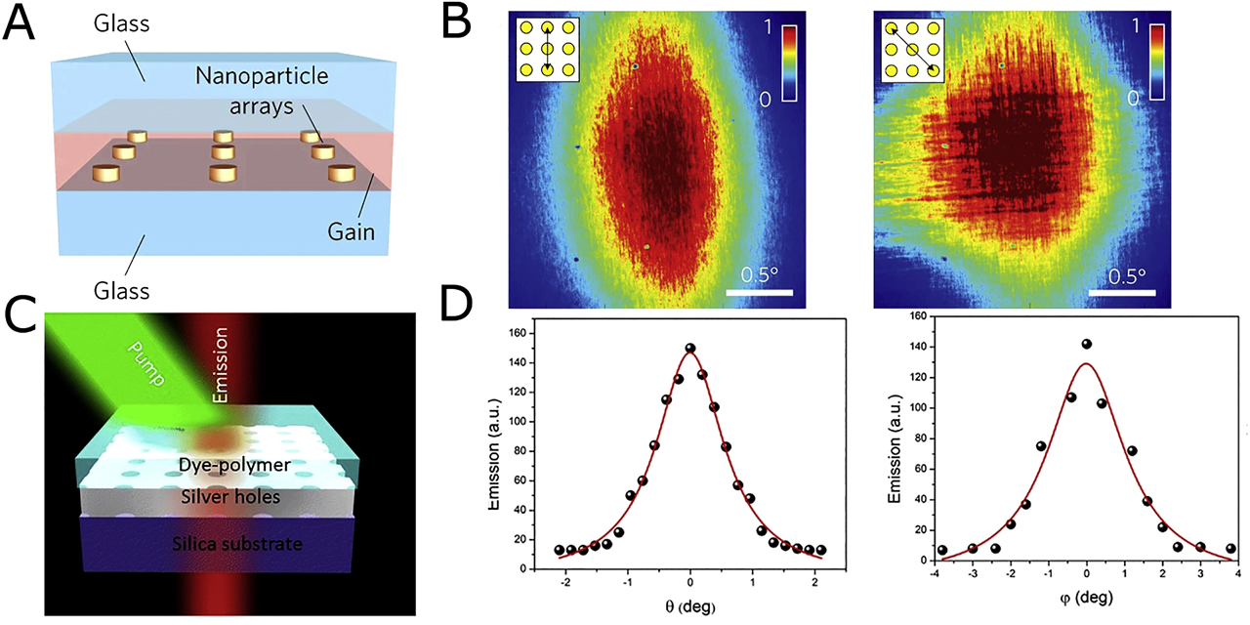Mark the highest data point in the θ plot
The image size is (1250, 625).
pos(690,348)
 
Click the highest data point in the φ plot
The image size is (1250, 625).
pos(1086,344)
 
